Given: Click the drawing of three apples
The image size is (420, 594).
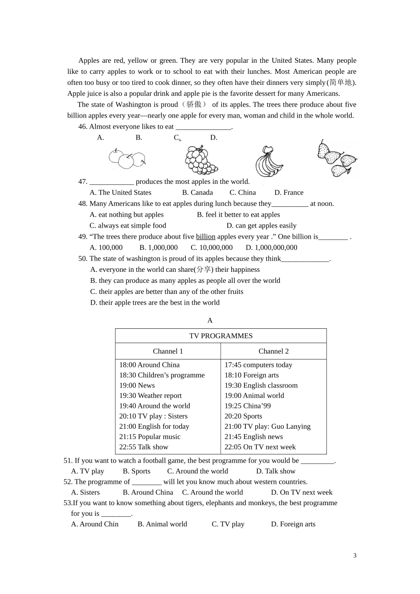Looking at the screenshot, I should tap(127, 159).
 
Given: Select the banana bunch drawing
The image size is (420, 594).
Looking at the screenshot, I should tap(268, 162).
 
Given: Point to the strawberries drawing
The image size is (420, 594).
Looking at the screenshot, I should tap(337, 158).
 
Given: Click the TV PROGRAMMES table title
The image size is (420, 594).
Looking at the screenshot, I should tap(221, 336).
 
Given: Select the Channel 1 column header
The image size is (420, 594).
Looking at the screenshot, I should tap(168, 351).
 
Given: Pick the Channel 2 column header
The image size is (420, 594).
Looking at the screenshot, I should tap(274, 351).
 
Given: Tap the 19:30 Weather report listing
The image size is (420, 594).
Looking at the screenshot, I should tap(150, 396).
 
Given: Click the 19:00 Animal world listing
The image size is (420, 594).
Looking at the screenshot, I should tap(254, 396).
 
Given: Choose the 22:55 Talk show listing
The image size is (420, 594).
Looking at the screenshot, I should tap(144, 447).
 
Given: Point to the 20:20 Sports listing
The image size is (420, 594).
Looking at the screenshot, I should tap(243, 416).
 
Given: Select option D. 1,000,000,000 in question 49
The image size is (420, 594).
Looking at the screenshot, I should tap(271, 247).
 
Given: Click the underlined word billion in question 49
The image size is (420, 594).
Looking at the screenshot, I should tap(206, 237).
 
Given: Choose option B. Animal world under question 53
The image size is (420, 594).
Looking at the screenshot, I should tap(162, 524).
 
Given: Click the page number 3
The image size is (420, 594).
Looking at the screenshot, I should tap(355, 556).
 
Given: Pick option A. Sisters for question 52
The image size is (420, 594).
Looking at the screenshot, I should tap(85, 492).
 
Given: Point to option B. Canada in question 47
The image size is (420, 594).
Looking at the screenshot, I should tap(198, 193).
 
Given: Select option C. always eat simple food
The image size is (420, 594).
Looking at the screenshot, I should tap(128, 226).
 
